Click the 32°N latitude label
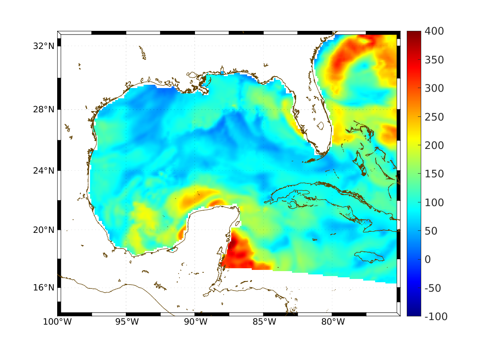click(43, 46)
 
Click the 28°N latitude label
click(43, 110)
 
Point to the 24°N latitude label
click(43, 170)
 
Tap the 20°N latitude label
click(43, 230)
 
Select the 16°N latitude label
click(43, 288)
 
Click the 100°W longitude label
click(57, 322)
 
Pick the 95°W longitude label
click(126, 322)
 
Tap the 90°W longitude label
click(195, 322)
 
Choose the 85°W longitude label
click(264, 322)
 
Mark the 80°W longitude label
click(332, 322)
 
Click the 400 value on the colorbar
click(434, 32)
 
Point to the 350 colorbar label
click(434, 60)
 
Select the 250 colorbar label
click(434, 117)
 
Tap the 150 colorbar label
click(434, 174)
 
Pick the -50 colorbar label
click(432, 288)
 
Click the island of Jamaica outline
click(369, 256)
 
